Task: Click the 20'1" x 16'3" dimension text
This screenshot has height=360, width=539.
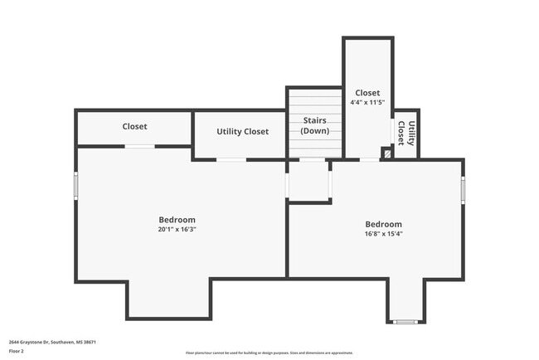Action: [177, 229]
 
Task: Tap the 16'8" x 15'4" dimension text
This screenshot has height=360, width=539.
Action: [384, 233]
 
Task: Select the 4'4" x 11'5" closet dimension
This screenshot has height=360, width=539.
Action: [367, 102]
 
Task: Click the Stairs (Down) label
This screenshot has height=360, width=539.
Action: [314, 126]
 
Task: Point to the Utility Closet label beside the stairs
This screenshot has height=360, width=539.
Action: [242, 132]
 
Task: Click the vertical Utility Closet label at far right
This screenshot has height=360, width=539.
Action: [406, 133]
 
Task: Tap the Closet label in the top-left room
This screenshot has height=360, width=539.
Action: [134, 126]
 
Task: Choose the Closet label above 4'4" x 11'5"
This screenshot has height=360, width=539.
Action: [367, 93]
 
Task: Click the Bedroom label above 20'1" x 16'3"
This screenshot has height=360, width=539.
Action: [177, 220]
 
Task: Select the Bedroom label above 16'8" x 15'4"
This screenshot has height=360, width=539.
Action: [384, 224]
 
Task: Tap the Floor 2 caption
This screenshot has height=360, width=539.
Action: [17, 352]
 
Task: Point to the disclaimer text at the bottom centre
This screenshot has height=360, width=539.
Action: [269, 353]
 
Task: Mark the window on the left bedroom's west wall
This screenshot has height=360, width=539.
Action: [75, 185]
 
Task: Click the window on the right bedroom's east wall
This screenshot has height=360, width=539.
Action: [463, 190]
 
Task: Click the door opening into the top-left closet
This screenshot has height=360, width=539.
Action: [139, 147]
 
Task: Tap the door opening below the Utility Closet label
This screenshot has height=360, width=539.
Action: [231, 159]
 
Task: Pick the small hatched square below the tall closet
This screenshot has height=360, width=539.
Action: [386, 153]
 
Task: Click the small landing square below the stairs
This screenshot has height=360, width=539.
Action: [308, 181]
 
